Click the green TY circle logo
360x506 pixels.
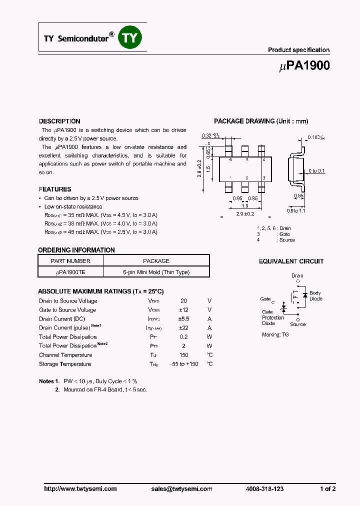(130, 38)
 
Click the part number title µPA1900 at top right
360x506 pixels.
(302, 65)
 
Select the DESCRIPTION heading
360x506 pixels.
(59, 121)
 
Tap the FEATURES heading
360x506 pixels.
(55, 189)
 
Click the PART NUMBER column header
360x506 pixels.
(70, 261)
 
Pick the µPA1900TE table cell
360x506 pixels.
(70, 272)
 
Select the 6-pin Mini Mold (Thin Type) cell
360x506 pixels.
(156, 272)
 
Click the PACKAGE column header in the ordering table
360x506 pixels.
(156, 261)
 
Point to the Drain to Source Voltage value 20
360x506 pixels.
(183, 301)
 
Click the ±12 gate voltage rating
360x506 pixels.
(183, 310)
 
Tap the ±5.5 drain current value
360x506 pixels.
(183, 319)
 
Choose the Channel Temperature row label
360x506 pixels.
(65, 355)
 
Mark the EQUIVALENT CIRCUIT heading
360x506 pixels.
(291, 261)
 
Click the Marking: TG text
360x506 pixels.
(275, 334)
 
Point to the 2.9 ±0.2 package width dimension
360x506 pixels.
(245, 213)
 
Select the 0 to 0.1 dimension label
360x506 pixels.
(316, 171)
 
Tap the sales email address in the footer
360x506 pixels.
(181, 489)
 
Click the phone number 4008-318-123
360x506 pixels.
(264, 489)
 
